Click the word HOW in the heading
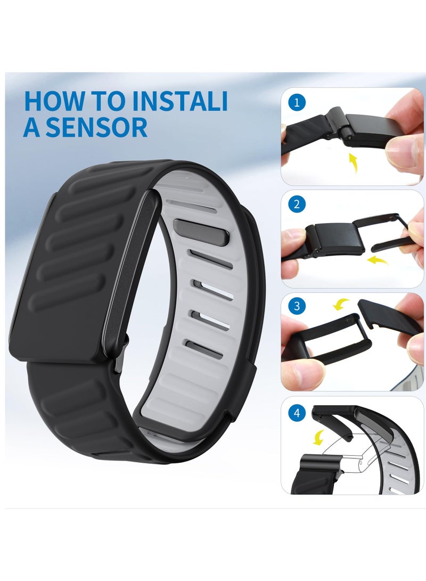51,102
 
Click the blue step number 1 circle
297,102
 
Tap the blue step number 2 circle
297,204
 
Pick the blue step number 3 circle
297,306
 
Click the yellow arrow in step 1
353,161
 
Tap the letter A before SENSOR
31,128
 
